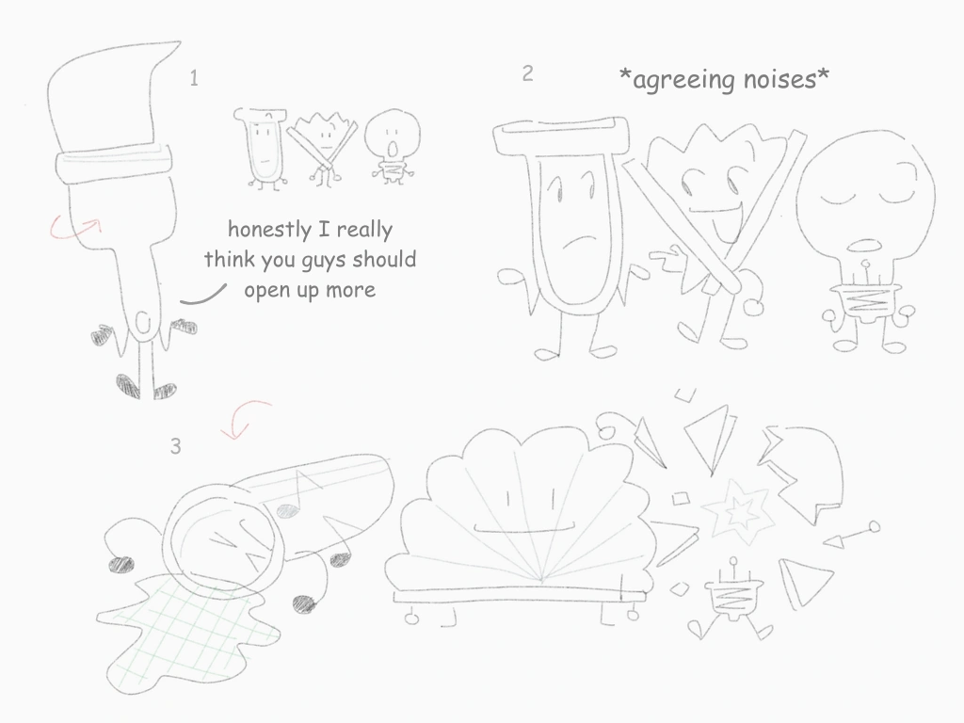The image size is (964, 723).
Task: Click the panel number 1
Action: (194, 78)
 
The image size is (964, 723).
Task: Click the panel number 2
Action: (527, 73)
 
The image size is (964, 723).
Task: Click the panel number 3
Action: (176, 446)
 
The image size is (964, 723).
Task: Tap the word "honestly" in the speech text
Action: (269, 230)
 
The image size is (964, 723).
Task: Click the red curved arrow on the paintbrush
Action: (75, 227)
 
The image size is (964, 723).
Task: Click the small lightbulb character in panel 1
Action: (393, 146)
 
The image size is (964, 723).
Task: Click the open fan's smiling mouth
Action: (523, 529)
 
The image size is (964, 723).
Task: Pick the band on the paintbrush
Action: (114, 162)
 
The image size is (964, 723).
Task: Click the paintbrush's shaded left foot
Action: (128, 386)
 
